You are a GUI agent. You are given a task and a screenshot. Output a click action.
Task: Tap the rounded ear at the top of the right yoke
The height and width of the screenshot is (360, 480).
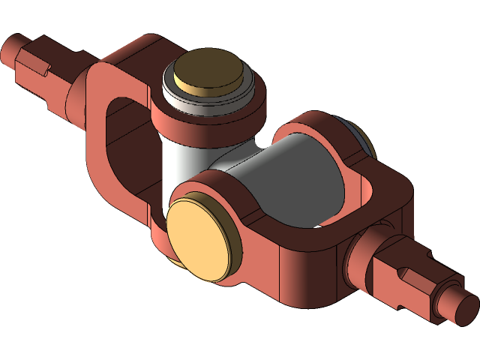pos(315,124)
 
